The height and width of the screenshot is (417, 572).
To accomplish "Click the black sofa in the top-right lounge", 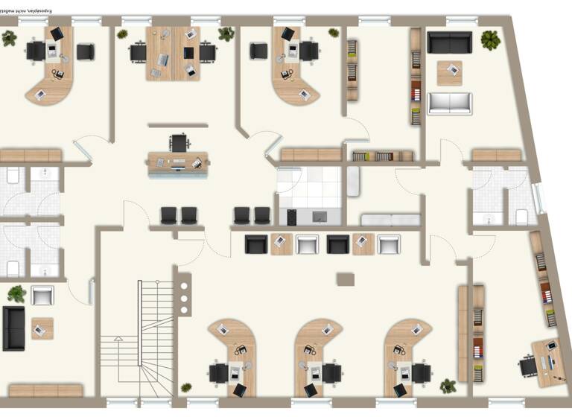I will pos(449,42).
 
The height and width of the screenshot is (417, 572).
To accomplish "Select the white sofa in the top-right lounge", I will pos(449,103).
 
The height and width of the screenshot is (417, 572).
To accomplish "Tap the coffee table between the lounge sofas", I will pos(449,73).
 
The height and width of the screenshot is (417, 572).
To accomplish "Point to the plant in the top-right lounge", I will pos(490,39).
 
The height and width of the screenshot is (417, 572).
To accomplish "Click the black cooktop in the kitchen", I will pos(292,217).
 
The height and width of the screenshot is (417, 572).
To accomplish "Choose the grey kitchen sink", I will pos(320,217).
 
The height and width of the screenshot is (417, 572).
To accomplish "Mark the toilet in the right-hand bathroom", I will pos(521,217).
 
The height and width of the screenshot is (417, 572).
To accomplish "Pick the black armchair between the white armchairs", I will pos(337,244).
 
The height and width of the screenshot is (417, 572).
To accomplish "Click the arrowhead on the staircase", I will pos(118,340).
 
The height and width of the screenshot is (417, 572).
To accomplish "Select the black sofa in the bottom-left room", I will pos(13,328).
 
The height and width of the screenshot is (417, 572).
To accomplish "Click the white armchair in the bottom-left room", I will pos(42,295).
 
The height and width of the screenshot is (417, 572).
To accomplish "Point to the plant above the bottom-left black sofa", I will pos(16,293).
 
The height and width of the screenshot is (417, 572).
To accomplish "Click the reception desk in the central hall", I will pos(178,162).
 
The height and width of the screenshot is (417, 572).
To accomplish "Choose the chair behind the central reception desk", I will pos(179,141).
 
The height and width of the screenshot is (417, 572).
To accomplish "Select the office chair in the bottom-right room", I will pos(528,365).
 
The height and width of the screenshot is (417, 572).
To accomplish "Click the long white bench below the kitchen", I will pos(390,220).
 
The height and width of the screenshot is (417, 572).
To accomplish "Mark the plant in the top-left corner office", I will pos(9,38).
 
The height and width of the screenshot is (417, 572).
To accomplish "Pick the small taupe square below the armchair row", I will pos(345,279).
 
